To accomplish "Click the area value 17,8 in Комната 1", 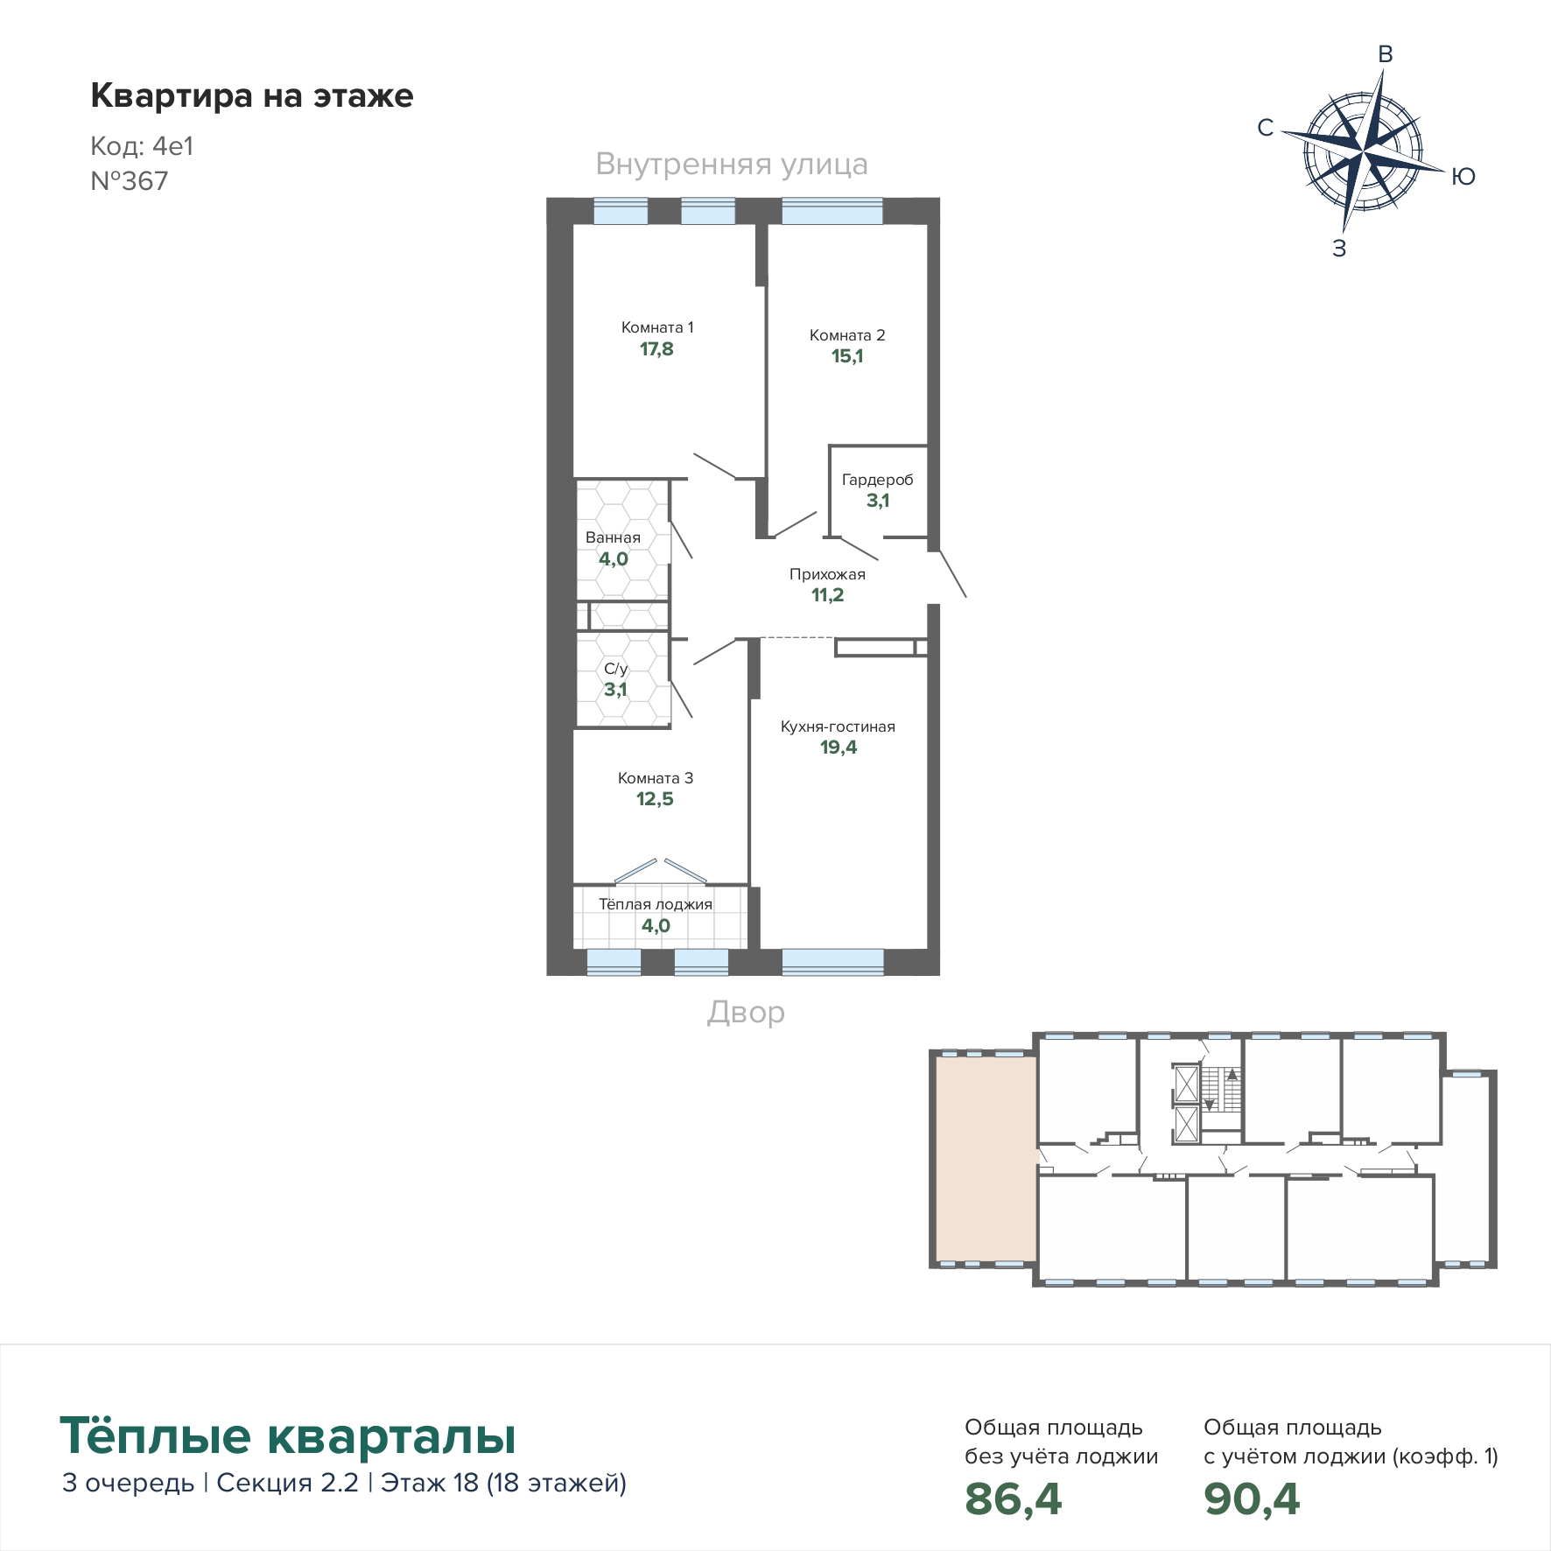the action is tap(656, 349).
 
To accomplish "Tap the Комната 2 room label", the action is tap(847, 335).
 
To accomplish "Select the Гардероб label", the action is tap(877, 480).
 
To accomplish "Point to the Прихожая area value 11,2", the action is tap(827, 595).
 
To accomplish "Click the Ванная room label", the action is tap(613, 537).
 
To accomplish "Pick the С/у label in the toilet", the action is tap(615, 669).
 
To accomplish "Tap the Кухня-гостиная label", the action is tap(838, 726).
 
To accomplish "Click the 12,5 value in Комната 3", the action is tap(655, 799).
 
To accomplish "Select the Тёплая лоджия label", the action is tap(656, 904).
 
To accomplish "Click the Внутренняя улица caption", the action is tap(732, 165).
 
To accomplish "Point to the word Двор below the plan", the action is tap(746, 1013).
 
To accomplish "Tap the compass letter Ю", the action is tap(1463, 177).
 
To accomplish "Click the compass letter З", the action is tap(1339, 249).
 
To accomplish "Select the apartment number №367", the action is tap(130, 181).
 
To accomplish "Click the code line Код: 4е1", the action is tap(142, 146).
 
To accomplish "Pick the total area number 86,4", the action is tap(1013, 1499).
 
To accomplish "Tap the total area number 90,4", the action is tap(1252, 1499).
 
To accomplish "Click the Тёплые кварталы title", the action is tap(288, 1435).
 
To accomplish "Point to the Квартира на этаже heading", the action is tap(252, 95).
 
